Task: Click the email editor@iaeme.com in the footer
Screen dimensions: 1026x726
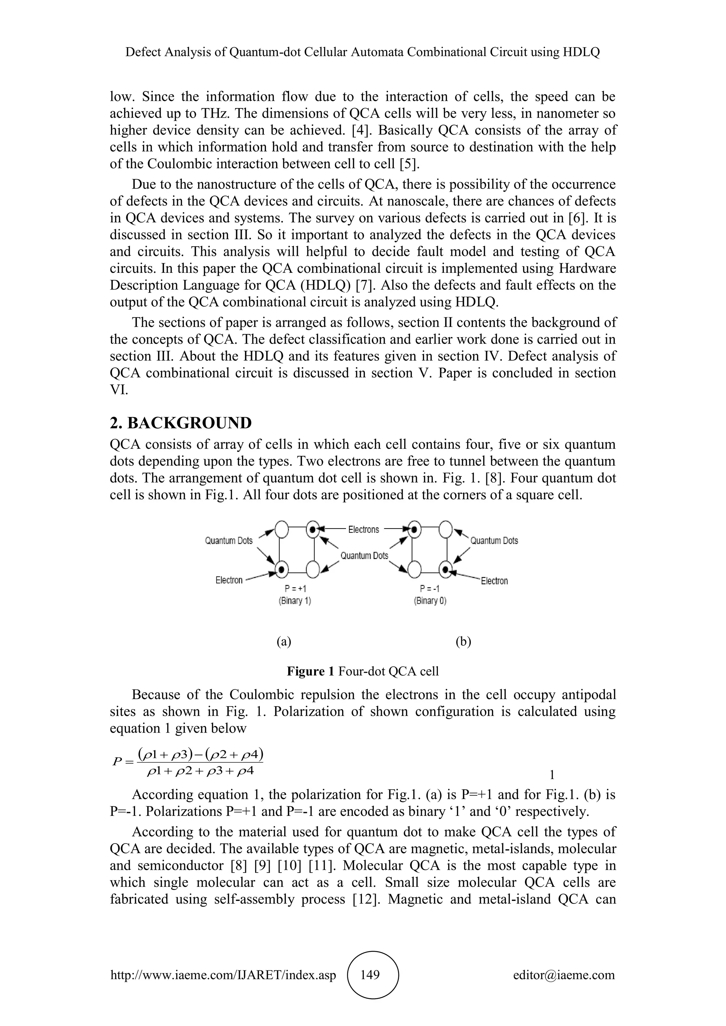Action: [x=564, y=975]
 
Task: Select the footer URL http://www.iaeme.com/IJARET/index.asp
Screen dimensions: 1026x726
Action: [x=223, y=975]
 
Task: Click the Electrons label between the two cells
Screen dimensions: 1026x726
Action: [x=363, y=530]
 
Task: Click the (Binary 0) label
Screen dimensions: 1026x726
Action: [x=430, y=601]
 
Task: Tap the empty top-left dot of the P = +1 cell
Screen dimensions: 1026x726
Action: [x=281, y=530]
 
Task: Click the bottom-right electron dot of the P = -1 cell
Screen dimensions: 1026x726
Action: [x=445, y=569]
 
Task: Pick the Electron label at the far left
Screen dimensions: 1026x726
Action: [x=229, y=580]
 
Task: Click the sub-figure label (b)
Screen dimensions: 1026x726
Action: [x=463, y=642]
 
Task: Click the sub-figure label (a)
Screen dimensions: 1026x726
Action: [x=284, y=642]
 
